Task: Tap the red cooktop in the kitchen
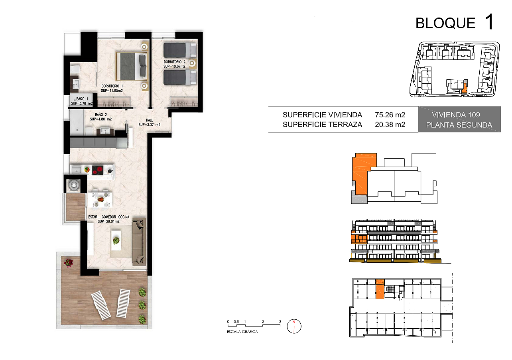point(98,170)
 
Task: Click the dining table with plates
point(100,200)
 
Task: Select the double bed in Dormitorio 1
point(132,67)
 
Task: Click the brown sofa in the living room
point(139,241)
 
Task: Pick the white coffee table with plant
point(116,240)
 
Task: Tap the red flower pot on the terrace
point(69,263)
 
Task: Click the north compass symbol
point(294,326)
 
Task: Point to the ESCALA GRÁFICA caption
point(242,332)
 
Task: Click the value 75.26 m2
point(390,114)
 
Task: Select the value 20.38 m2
point(390,124)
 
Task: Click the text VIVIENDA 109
point(456,115)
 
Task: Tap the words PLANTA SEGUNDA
point(459,125)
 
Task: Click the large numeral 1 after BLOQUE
point(490,22)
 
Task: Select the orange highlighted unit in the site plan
point(464,88)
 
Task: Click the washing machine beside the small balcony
point(73,185)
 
